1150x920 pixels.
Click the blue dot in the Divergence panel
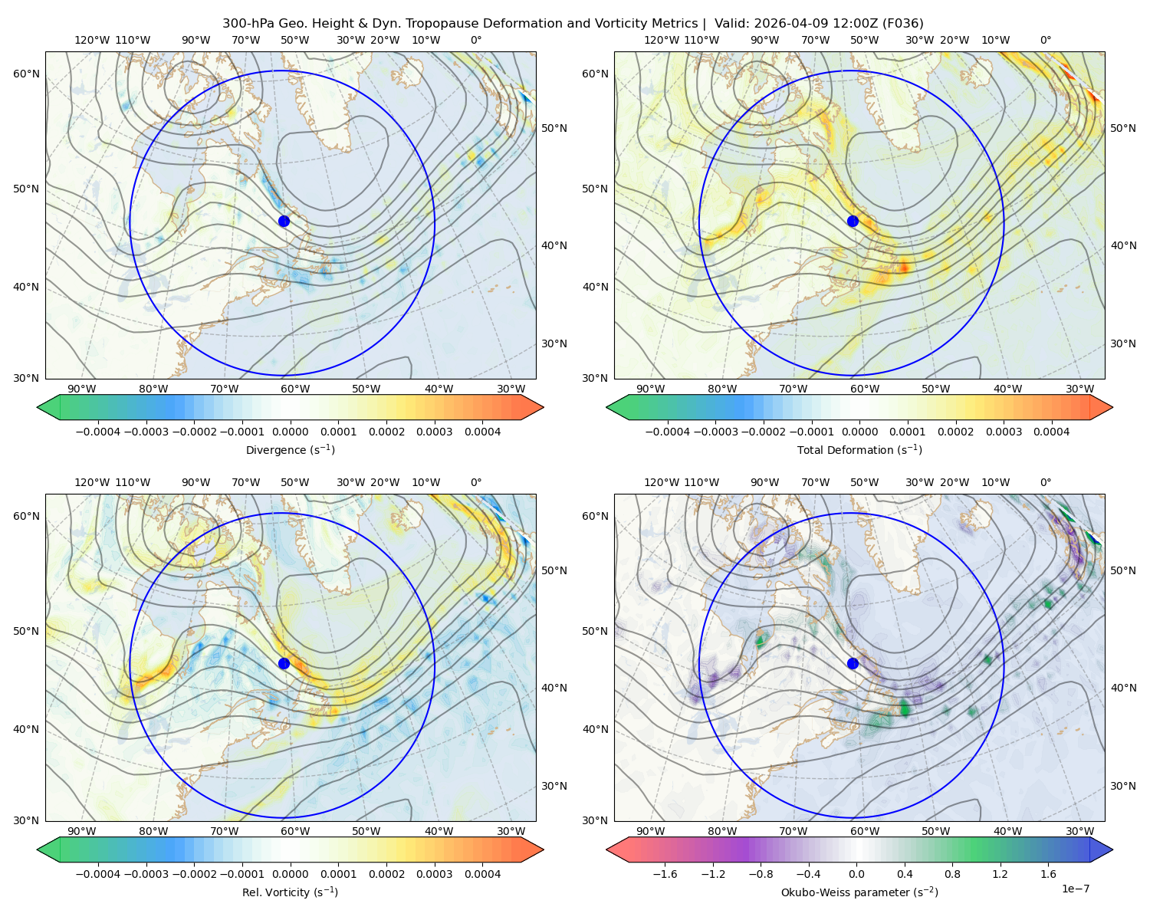click(x=284, y=221)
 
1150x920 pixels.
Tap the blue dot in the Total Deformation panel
click(x=853, y=221)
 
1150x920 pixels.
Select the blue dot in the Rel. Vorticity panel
click(x=284, y=663)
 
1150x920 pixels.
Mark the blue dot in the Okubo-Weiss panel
click(x=853, y=663)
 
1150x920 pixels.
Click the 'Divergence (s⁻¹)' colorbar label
click(x=290, y=449)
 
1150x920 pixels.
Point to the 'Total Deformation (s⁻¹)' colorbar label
click(x=859, y=449)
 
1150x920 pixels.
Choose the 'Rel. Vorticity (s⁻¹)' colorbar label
click(x=290, y=892)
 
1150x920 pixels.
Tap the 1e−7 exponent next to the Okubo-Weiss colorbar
click(x=1075, y=889)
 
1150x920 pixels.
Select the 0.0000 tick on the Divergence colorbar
click(x=290, y=432)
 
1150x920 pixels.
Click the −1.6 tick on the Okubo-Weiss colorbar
click(x=665, y=873)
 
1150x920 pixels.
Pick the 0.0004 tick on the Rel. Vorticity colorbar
click(x=482, y=873)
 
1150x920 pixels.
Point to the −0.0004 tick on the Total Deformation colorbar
click(x=668, y=432)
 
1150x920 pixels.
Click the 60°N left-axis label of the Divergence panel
click(x=26, y=74)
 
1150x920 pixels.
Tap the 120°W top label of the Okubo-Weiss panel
click(x=662, y=481)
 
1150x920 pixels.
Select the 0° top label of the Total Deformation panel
click(x=1045, y=40)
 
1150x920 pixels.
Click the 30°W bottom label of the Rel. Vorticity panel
click(x=511, y=831)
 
